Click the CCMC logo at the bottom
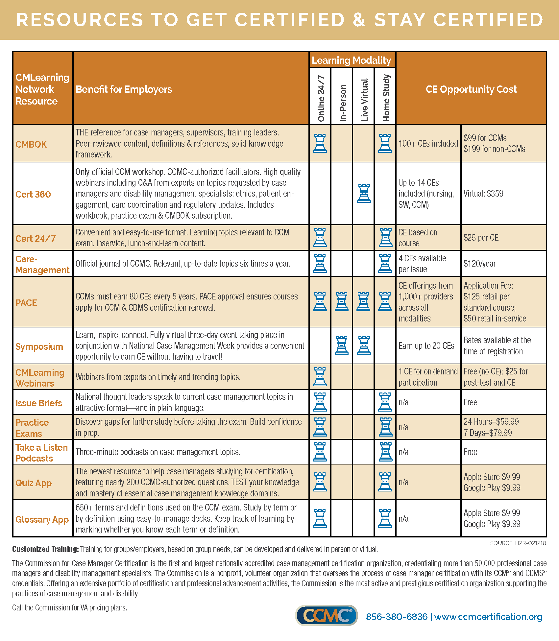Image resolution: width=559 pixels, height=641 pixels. [326, 615]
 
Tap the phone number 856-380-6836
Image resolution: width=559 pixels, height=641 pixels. [397, 617]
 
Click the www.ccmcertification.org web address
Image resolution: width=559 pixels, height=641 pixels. [488, 617]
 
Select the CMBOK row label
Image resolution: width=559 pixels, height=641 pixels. [31, 144]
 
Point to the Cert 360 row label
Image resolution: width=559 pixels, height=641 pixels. [33, 194]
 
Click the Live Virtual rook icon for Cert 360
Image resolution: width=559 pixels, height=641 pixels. [364, 193]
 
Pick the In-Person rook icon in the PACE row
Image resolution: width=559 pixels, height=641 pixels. [342, 302]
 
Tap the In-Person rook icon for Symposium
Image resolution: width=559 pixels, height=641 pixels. [342, 345]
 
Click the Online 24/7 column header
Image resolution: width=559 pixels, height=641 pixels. [321, 98]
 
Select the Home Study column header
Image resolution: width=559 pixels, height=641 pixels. [386, 98]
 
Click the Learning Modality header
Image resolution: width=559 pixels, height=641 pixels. [351, 60]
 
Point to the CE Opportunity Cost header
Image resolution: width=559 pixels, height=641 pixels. [471, 89]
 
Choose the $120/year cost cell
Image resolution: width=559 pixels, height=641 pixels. [479, 264]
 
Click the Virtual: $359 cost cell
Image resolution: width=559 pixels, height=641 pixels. [483, 194]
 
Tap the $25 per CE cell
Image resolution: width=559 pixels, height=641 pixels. [481, 238]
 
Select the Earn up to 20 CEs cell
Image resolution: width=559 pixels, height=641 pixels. [426, 346]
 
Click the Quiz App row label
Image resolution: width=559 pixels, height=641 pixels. [34, 483]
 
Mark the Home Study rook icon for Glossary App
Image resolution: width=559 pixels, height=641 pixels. [385, 518]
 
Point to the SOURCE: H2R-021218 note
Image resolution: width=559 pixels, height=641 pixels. [518, 543]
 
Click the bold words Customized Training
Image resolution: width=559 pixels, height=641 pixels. [45, 549]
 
